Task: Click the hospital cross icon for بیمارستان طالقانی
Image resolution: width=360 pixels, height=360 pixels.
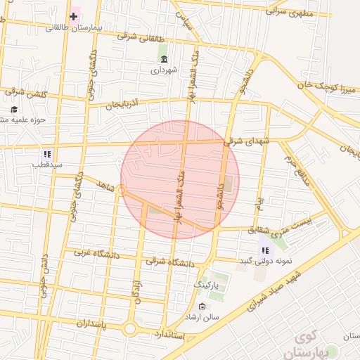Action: [x=73, y=15]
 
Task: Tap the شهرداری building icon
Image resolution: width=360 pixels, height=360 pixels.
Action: [x=165, y=59]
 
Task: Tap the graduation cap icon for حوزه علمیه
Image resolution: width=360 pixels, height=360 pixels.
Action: [x=15, y=109]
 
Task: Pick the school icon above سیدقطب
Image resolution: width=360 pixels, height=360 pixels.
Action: [x=47, y=154]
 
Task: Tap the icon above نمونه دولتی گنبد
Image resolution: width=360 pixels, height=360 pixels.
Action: [x=265, y=250]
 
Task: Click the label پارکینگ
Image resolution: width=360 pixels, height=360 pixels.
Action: [x=207, y=286]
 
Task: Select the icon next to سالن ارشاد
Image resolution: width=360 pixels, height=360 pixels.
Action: [x=202, y=307]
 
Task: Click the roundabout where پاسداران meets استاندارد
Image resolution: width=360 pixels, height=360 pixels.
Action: [x=129, y=329]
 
